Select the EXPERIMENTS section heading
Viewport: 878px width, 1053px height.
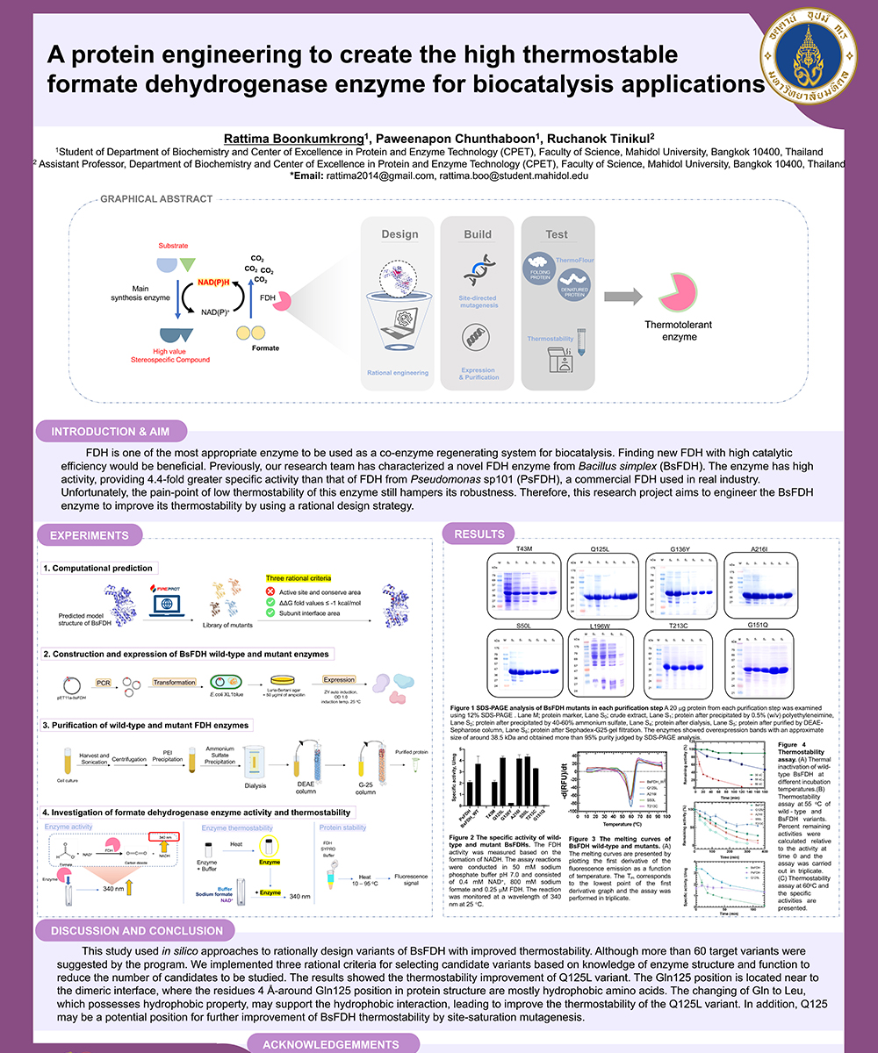pos(90,535)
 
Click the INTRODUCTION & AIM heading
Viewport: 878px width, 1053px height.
pos(110,431)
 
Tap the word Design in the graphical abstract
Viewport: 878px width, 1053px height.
pos(399,234)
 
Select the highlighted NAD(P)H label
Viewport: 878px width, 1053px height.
pos(214,281)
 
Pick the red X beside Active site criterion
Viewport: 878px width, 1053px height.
pos(271,592)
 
